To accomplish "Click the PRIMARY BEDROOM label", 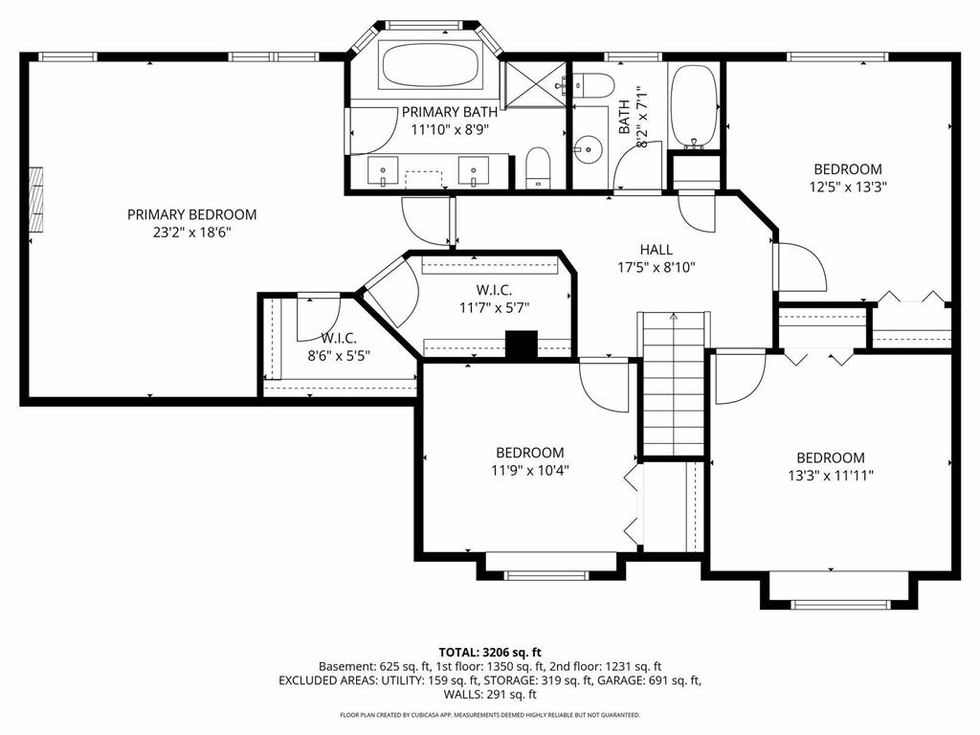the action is click(191, 214).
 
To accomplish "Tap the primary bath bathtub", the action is click(432, 65).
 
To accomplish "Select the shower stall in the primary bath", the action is click(536, 84).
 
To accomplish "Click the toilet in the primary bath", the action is click(537, 167).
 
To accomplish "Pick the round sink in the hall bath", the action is click(588, 149).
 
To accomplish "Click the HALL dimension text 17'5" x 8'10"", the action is click(657, 268).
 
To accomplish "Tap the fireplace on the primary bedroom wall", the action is click(36, 199).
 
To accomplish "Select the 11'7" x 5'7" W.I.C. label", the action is click(495, 299).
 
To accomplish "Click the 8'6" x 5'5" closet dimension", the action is click(339, 356).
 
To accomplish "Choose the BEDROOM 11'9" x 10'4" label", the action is click(530, 460).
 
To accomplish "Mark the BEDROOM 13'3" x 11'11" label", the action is click(831, 466).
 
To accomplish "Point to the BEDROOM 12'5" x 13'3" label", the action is click(848, 177).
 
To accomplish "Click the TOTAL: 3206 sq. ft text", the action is click(490, 653).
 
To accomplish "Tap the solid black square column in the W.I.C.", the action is click(522, 345).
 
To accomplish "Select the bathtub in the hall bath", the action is click(694, 106).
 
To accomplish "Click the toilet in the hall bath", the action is click(593, 85).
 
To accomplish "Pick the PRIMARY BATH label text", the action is click(450, 112).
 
